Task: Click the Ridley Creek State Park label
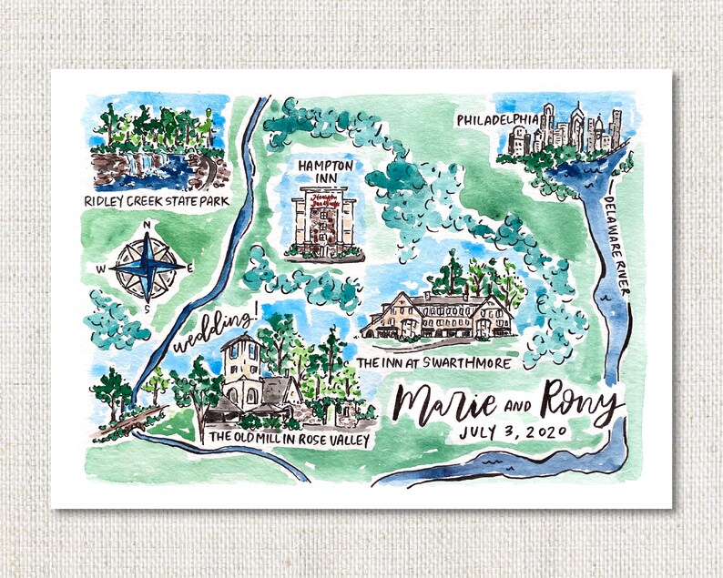coord(154,200)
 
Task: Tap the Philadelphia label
coord(500,119)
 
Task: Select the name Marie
coord(447,403)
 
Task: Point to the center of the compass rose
coord(147,268)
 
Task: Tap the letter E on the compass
coord(189,269)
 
